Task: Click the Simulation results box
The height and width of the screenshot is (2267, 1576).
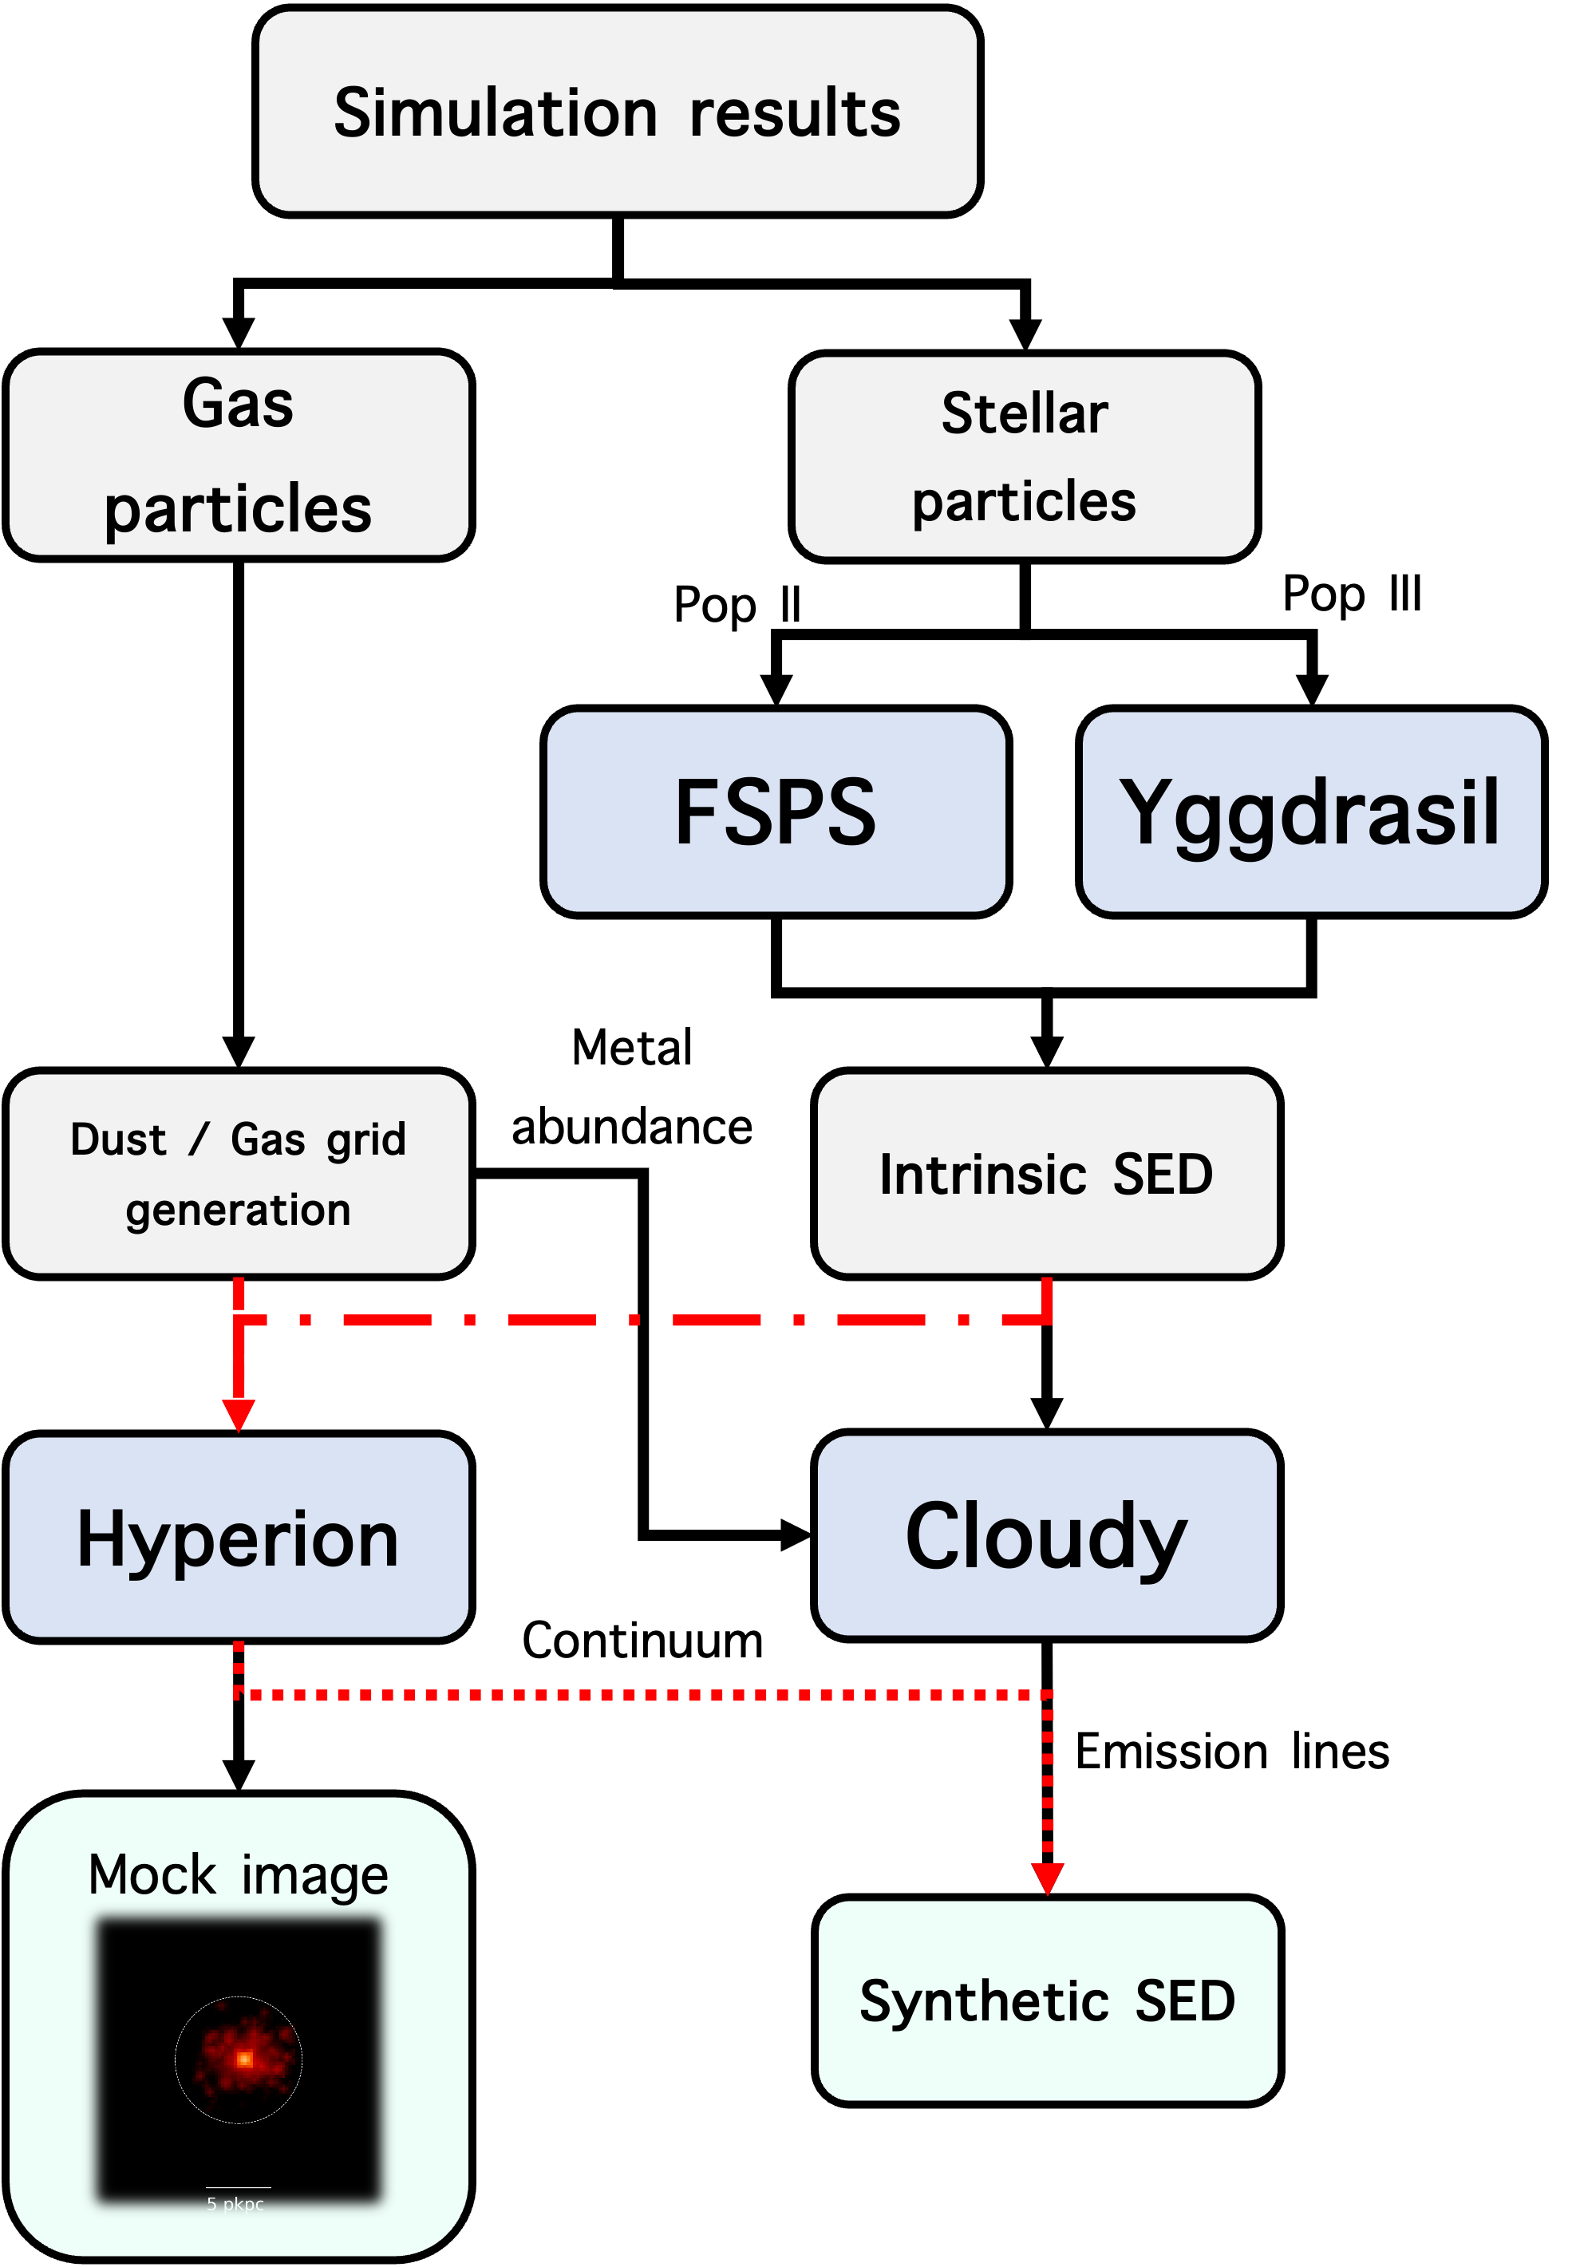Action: click(x=617, y=111)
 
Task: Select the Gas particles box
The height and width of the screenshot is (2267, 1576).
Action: click(x=238, y=454)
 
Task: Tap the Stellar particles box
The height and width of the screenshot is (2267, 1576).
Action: click(x=1024, y=456)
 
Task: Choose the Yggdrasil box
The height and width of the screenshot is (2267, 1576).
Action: click(x=1310, y=811)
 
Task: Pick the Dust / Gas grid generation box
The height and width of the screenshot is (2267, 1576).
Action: click(x=238, y=1173)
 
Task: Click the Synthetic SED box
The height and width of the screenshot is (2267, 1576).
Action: click(x=1047, y=2000)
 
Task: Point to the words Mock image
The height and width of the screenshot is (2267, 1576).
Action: click(x=238, y=1874)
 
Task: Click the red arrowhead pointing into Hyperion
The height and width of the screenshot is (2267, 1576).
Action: click(x=238, y=1414)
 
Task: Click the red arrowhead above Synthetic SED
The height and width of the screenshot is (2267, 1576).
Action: click(x=1048, y=1878)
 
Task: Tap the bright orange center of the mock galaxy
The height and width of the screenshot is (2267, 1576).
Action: click(x=244, y=2059)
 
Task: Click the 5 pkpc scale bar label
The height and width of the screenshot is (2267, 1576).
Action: click(x=235, y=2204)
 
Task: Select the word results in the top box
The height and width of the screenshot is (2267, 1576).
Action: click(x=795, y=113)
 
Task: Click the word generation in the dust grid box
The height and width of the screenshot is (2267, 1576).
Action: click(x=238, y=1211)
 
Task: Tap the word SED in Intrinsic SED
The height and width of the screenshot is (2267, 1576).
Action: click(x=1163, y=1174)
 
